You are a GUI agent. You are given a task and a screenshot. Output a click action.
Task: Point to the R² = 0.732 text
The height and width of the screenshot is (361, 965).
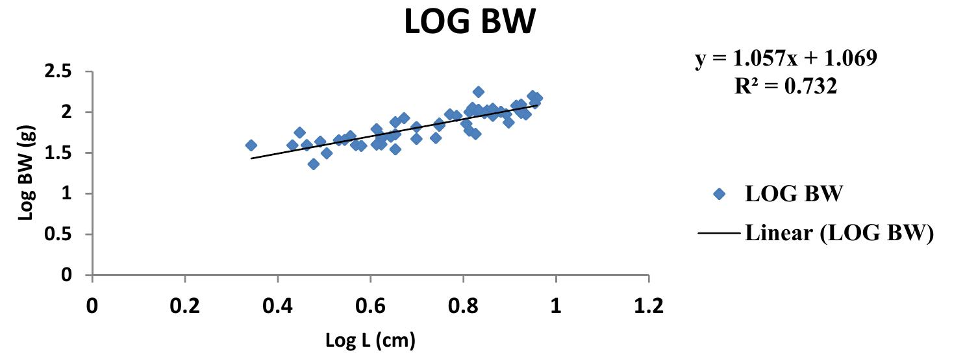[785, 86]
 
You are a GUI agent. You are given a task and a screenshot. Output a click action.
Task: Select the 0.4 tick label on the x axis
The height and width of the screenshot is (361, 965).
[277, 306]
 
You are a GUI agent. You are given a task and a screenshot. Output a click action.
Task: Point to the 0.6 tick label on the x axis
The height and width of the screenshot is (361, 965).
[370, 306]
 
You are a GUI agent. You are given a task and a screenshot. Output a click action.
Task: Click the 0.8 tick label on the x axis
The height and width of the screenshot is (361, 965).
[462, 306]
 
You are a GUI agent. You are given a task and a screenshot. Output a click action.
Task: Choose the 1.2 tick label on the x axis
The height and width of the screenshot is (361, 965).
[648, 306]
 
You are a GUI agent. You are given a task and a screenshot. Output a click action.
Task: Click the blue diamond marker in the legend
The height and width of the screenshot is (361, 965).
[718, 194]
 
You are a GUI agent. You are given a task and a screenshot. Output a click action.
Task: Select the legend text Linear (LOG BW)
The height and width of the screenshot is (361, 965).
[839, 232]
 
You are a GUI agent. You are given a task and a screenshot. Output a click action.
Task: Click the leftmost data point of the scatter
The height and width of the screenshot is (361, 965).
[251, 145]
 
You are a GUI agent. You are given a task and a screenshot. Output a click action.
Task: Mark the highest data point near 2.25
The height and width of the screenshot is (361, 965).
[478, 92]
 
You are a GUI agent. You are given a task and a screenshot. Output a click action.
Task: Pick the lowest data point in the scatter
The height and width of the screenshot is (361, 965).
[313, 164]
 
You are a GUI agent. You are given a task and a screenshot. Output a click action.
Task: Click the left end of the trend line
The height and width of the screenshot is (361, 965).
[251, 158]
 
